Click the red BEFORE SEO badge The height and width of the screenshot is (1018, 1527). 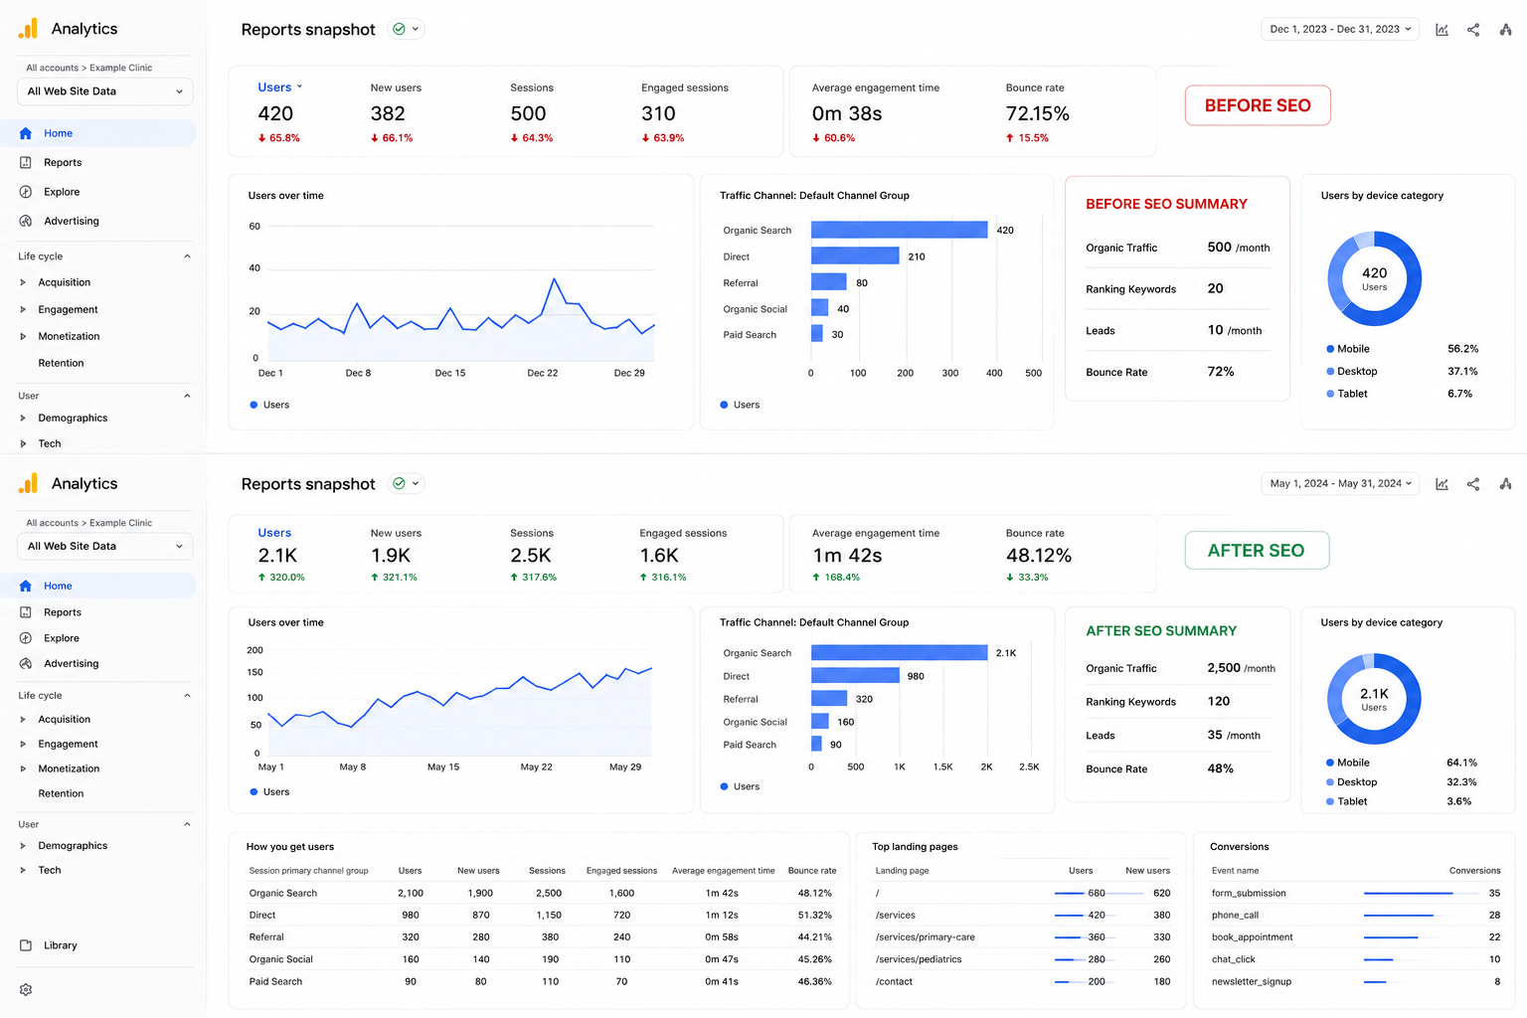pyautogui.click(x=1257, y=105)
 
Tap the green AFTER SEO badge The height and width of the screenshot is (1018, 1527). pyautogui.click(x=1257, y=550)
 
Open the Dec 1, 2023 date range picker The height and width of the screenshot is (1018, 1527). pyautogui.click(x=1339, y=29)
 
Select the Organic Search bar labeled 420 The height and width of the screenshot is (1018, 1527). pyautogui.click(x=899, y=230)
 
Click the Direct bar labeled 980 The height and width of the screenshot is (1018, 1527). pyautogui.click(x=855, y=676)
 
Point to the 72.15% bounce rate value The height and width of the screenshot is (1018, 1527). pyautogui.click(x=1037, y=114)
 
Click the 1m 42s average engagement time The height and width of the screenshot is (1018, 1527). pyautogui.click(x=847, y=556)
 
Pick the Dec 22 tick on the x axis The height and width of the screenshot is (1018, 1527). pyautogui.click(x=542, y=373)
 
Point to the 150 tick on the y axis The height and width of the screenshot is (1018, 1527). pyautogui.click(x=254, y=672)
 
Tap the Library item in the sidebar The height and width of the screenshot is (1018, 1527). pyautogui.click(x=60, y=945)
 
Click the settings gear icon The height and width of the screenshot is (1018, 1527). pyautogui.click(x=26, y=989)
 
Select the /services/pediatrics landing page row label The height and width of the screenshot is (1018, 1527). pyautogui.click(x=919, y=959)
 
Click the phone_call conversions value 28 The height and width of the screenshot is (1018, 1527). pyautogui.click(x=1494, y=915)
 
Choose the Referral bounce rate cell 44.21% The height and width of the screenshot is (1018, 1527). pyautogui.click(x=814, y=936)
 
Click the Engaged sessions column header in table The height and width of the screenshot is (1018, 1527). pyautogui.click(x=621, y=871)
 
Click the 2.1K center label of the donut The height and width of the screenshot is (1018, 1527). pyautogui.click(x=1374, y=694)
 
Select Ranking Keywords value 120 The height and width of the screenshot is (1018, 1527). pyautogui.click(x=1218, y=701)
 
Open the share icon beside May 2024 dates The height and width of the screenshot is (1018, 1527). pyautogui.click(x=1473, y=484)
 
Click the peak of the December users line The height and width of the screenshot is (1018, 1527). pyautogui.click(x=554, y=278)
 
